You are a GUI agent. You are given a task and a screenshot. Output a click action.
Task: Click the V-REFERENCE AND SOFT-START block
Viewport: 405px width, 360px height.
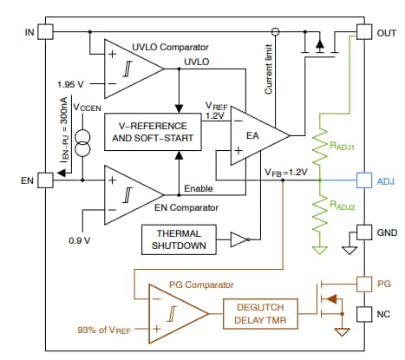coord(152,132)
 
